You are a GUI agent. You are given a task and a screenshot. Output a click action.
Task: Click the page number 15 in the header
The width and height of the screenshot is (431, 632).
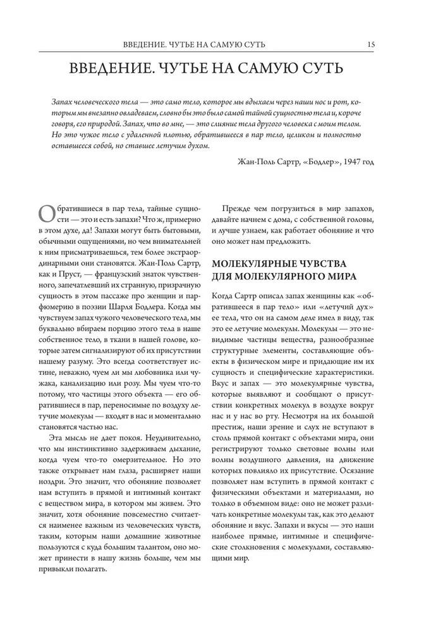(x=370, y=44)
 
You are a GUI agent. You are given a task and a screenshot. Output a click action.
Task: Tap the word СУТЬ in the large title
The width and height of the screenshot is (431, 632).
(x=320, y=68)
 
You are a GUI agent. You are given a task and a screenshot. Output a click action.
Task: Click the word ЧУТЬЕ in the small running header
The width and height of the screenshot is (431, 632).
(x=178, y=44)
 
